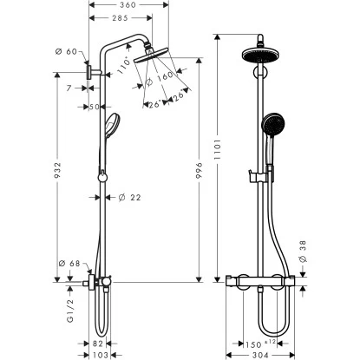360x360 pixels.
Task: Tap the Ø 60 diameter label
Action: click(67, 52)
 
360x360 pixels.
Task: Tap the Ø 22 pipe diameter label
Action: click(129, 198)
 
